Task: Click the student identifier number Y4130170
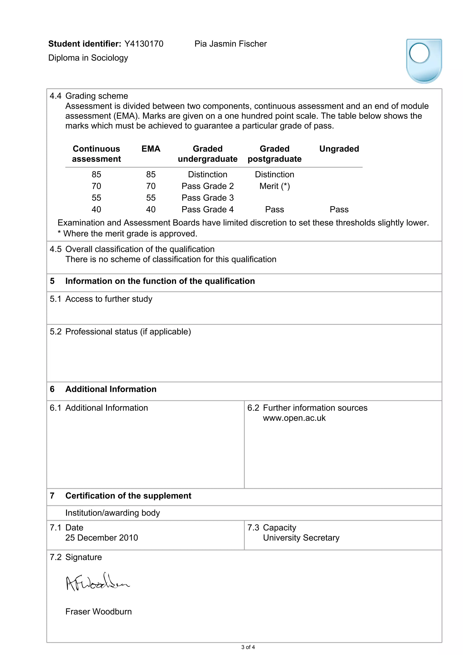click(144, 44)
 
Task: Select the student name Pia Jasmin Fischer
click(231, 44)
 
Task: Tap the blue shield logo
click(424, 61)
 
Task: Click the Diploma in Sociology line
click(88, 58)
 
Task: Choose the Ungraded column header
click(339, 149)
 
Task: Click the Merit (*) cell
click(274, 186)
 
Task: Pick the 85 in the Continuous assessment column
click(97, 174)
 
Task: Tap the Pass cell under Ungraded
click(339, 209)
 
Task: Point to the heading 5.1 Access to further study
click(101, 299)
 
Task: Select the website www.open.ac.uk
click(294, 418)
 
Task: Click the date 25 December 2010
click(102, 537)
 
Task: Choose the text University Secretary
click(301, 537)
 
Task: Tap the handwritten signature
click(97, 582)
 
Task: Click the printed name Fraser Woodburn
click(98, 611)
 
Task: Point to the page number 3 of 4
click(248, 647)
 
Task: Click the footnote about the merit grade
click(128, 234)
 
